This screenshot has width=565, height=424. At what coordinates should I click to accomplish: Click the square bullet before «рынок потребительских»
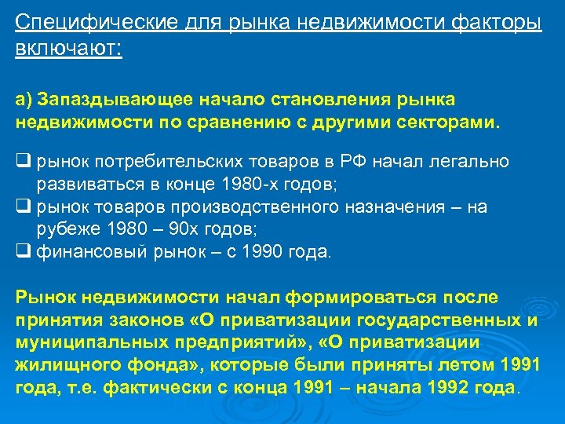click(x=22, y=162)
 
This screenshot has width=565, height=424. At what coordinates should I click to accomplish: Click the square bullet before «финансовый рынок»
click(x=22, y=253)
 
